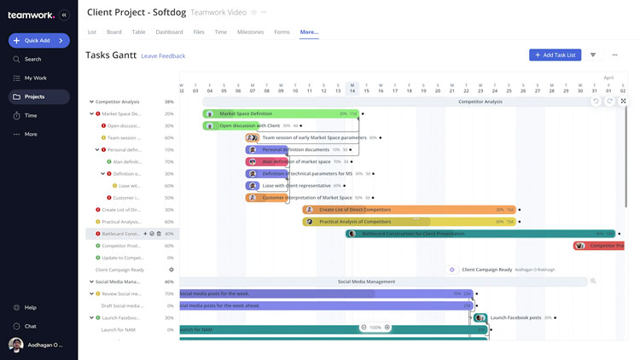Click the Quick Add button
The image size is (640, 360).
(38, 40)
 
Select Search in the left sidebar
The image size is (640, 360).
(32, 59)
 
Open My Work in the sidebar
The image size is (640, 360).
(35, 78)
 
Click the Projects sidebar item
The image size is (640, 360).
(34, 96)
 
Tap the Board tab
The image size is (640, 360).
(113, 32)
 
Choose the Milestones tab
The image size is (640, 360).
(250, 32)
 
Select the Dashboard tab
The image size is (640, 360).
(169, 32)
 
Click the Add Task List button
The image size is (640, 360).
(555, 55)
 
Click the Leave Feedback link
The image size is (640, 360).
(163, 55)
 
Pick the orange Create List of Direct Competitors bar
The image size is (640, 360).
(410, 209)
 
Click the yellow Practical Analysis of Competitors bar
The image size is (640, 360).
(410, 222)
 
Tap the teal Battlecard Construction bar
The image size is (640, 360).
(478, 233)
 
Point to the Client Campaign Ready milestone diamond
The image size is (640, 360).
(451, 270)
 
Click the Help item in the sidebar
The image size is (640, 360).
(31, 307)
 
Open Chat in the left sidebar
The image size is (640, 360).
(31, 326)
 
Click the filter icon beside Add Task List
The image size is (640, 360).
(593, 55)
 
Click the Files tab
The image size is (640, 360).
(199, 32)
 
